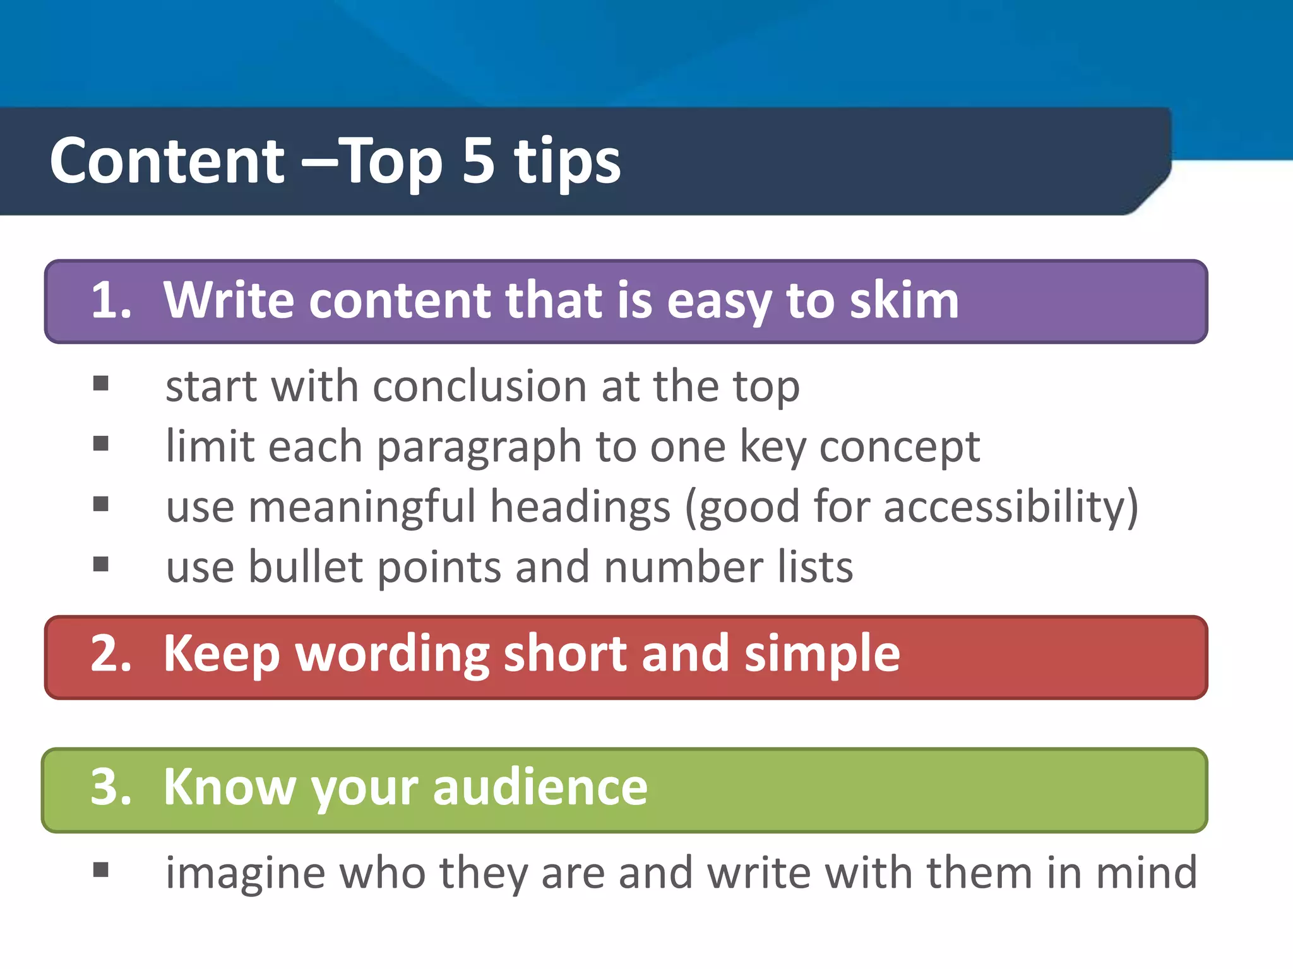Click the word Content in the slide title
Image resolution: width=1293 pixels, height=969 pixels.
point(167,161)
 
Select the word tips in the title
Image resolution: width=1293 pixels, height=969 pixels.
point(567,163)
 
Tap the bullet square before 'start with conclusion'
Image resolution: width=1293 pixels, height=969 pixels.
point(101,384)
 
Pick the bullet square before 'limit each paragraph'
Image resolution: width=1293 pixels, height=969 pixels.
point(101,444)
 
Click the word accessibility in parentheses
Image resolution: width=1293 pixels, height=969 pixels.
point(1004,507)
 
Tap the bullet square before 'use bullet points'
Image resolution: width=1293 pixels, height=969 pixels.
point(101,564)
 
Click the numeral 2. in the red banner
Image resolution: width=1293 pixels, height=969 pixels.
point(111,654)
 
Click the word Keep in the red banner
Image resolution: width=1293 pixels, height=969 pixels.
point(221,655)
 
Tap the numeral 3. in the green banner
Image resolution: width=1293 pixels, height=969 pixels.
point(111,787)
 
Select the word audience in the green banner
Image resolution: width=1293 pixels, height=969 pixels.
point(540,787)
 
